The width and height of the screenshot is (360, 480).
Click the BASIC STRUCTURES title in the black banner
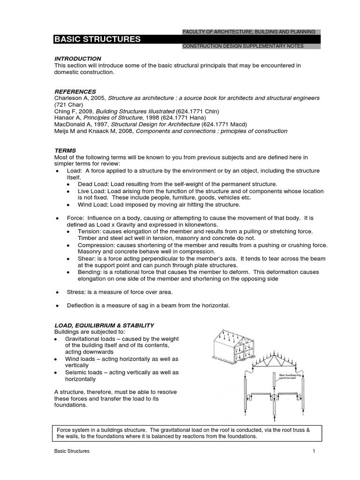coord(97,39)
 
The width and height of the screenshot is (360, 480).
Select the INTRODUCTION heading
coord(78,59)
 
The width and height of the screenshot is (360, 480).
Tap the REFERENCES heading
coord(75,91)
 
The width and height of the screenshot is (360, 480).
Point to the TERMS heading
coord(66,150)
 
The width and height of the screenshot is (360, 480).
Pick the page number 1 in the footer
coord(313,451)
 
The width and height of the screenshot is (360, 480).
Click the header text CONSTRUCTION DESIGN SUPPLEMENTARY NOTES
coord(243,46)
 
